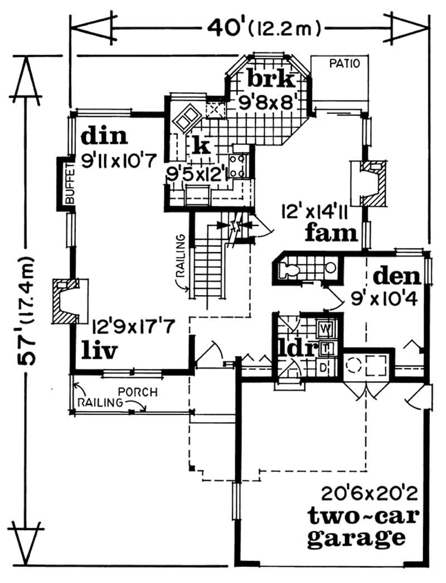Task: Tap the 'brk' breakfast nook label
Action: point(270,80)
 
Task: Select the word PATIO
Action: point(346,64)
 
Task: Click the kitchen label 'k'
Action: point(201,146)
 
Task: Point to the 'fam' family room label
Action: point(331,233)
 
